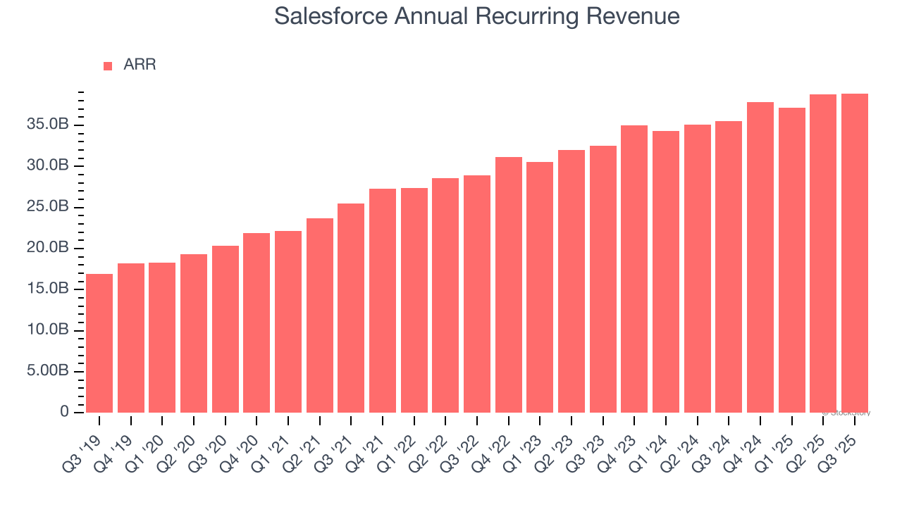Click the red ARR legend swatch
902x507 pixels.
[108, 65]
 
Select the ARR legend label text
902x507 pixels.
[140, 65]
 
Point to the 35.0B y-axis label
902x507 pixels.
[48, 125]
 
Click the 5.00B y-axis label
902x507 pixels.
[48, 370]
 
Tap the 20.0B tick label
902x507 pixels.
[48, 248]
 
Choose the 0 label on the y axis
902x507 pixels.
[64, 411]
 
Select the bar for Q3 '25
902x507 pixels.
[855, 253]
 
